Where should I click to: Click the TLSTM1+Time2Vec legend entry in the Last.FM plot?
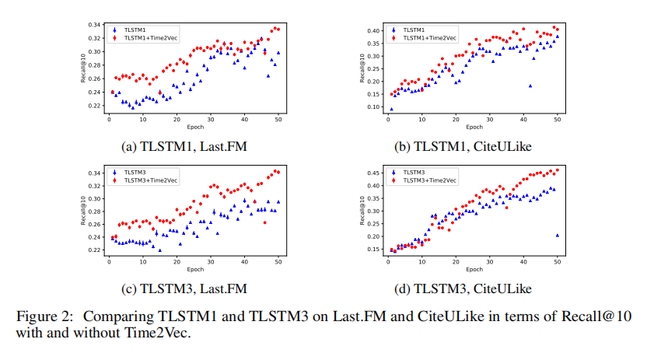coord(144,37)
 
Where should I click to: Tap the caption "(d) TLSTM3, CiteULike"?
coord(473,288)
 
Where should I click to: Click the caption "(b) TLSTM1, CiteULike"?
coord(473,145)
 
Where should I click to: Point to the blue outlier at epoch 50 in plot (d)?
coord(558,235)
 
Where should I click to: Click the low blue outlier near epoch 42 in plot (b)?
coord(530,86)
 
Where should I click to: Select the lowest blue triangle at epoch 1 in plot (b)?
coord(391,109)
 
